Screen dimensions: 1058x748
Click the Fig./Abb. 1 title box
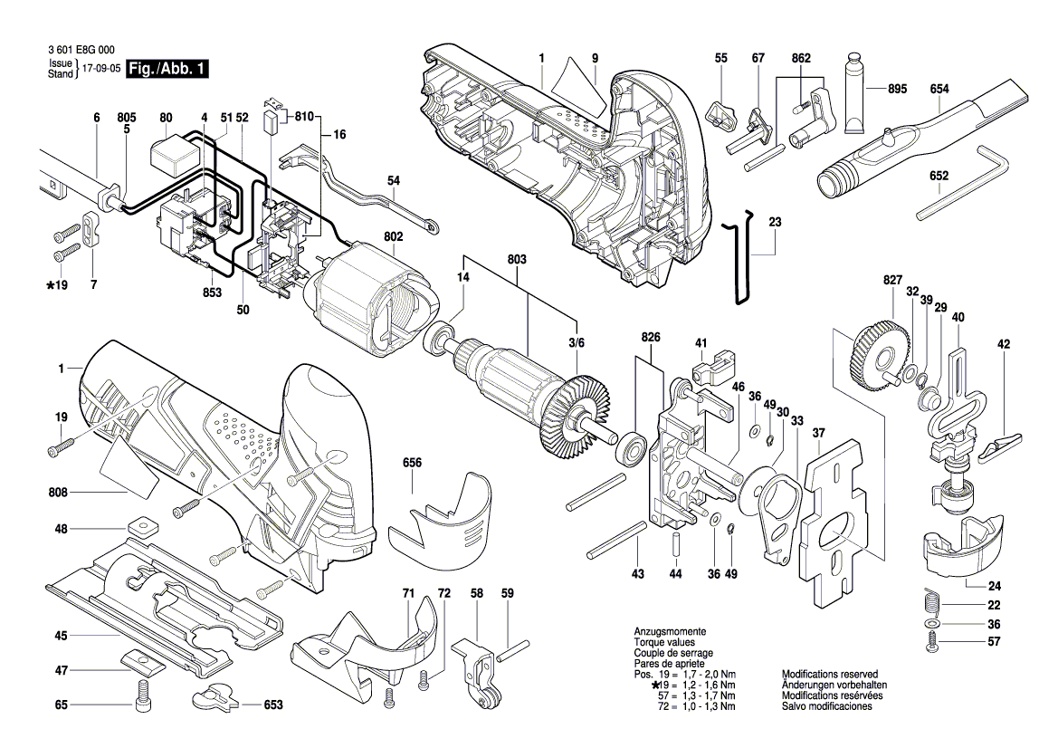[167, 68]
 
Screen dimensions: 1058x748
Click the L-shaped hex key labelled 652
[965, 181]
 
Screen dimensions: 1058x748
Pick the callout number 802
[394, 236]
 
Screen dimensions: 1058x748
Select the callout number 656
[412, 463]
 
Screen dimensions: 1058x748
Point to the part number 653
[273, 705]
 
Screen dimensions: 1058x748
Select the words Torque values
[664, 642]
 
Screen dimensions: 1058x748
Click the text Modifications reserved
[830, 674]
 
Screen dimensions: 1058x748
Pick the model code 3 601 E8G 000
[81, 50]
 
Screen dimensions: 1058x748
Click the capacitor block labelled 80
[174, 158]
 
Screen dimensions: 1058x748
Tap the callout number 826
[651, 337]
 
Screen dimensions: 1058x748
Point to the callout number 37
[818, 432]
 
